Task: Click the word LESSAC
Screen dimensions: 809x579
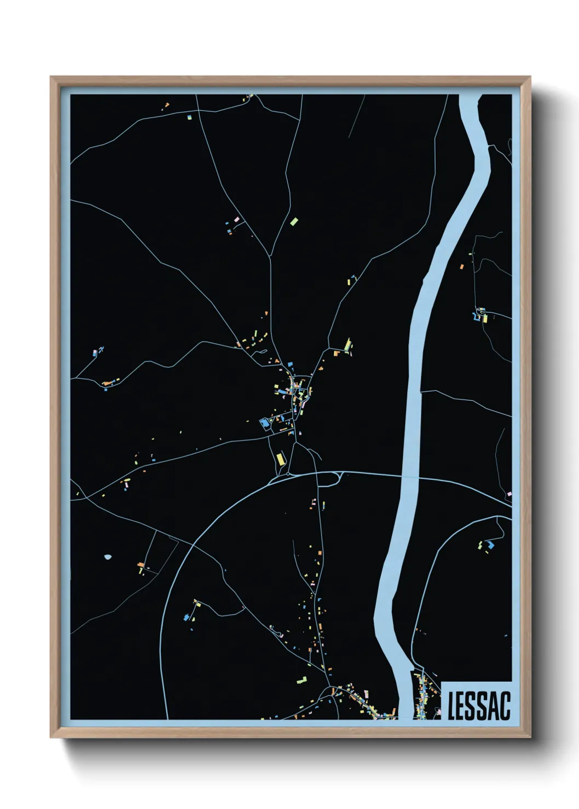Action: pos(478,706)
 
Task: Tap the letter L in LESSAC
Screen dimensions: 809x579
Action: pos(451,706)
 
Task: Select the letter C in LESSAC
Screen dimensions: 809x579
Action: pos(505,706)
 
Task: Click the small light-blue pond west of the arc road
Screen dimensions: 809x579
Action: pos(107,557)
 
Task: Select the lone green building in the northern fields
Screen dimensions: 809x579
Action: pos(294,221)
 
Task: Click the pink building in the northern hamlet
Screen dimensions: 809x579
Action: pos(236,220)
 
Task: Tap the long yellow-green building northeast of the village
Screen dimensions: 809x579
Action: pos(347,344)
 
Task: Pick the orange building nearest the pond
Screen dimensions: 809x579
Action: pos(141,564)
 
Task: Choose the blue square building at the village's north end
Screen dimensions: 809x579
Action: pos(290,364)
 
